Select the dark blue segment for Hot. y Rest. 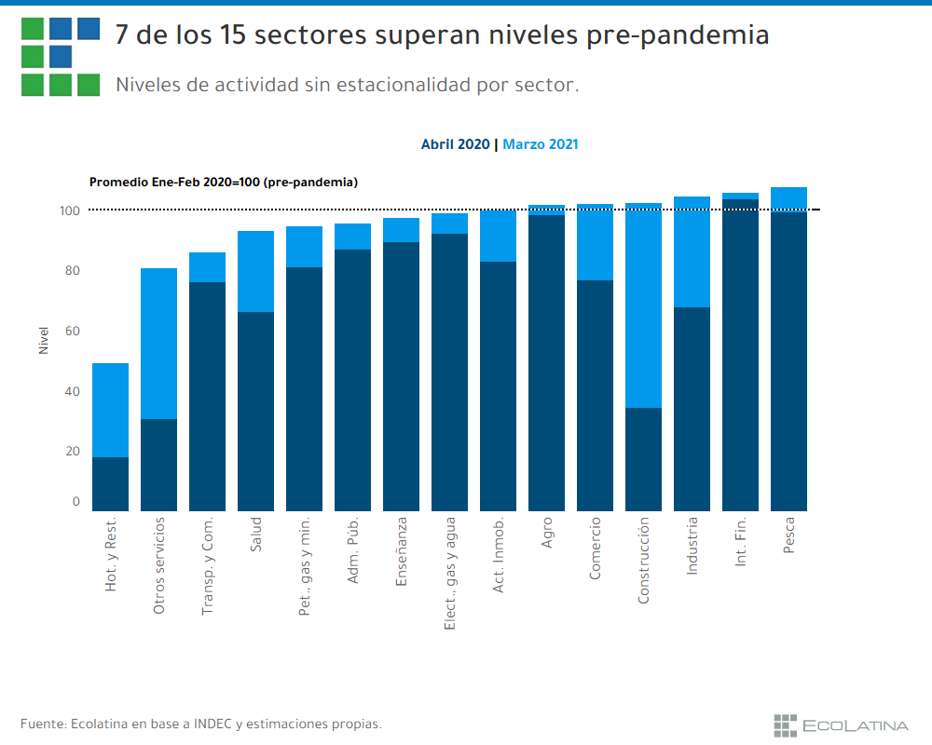pos(110,483)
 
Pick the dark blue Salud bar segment pos(255,411)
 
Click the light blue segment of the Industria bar pos(692,251)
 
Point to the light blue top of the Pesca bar pos(788,198)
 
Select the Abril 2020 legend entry pos(455,144)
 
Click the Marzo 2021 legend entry pos(541,144)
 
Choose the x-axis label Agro pos(547,533)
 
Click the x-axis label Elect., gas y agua pos(450,573)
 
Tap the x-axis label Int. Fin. pos(741,543)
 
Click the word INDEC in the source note pos(212,724)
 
